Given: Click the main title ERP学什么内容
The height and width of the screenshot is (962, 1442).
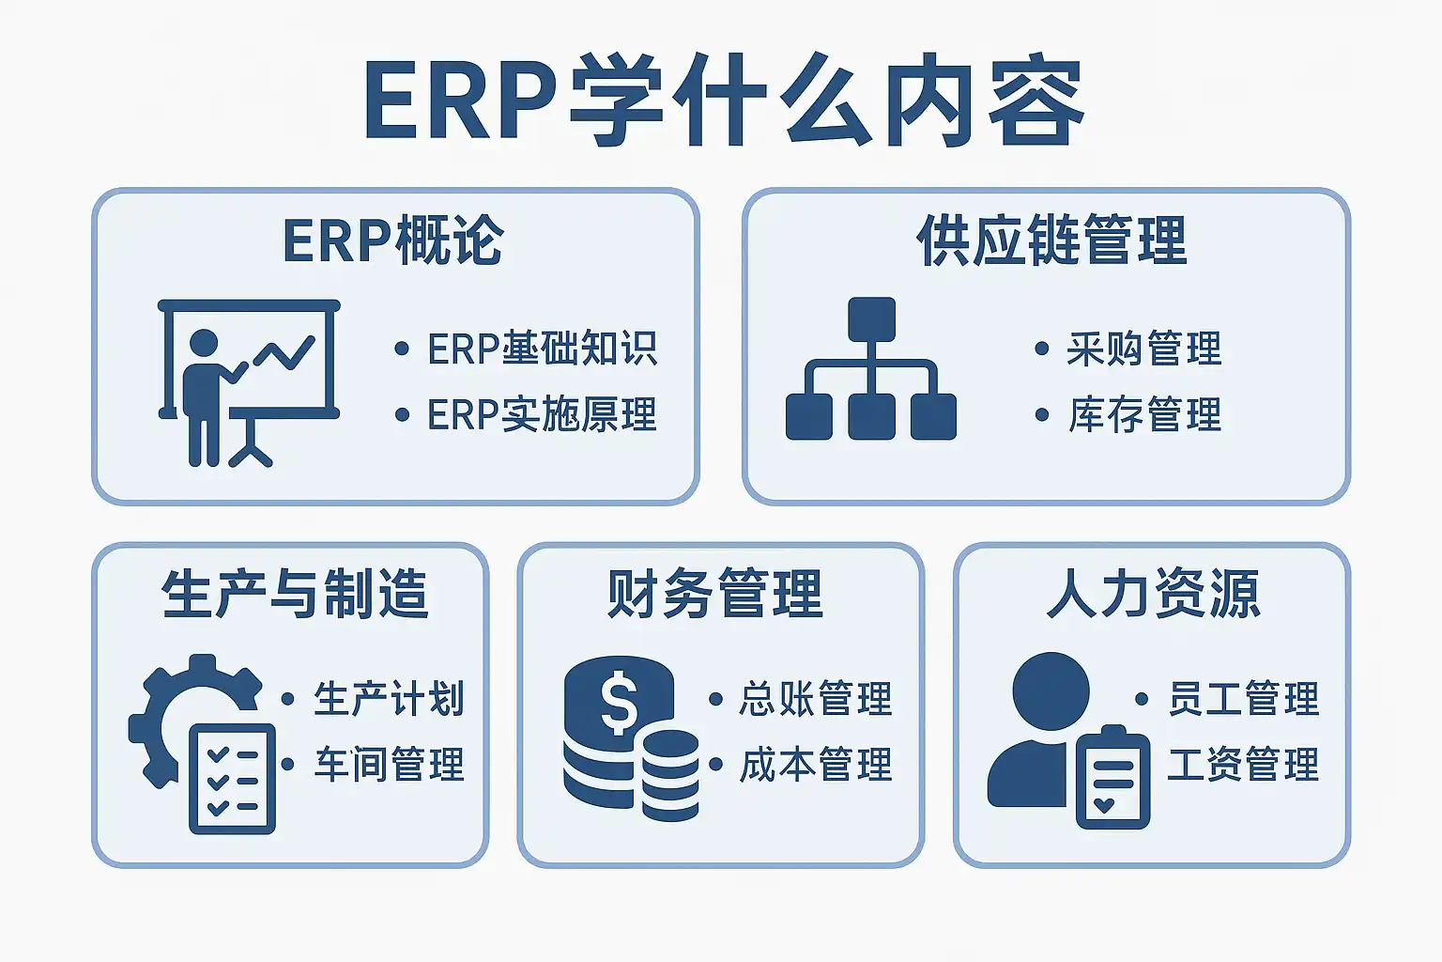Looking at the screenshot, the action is [724, 100].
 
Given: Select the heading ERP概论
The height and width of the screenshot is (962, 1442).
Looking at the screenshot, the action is [393, 240].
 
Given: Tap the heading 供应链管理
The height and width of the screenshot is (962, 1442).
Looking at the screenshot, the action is [1051, 240].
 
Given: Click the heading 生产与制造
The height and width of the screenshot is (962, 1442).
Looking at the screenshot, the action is [295, 594].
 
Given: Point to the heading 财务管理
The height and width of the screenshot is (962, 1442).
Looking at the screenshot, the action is [714, 594].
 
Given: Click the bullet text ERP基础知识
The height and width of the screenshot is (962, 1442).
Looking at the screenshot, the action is [542, 349].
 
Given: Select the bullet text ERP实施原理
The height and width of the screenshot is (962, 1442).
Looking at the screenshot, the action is [542, 413].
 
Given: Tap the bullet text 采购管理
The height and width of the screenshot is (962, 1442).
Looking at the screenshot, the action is [1144, 349].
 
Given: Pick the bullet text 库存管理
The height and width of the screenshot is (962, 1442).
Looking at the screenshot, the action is [1144, 413].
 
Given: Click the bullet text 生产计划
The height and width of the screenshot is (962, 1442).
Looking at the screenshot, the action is [389, 698].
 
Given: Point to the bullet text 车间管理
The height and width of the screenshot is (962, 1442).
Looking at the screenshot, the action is [389, 764].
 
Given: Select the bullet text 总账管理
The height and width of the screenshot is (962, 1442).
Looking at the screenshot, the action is [816, 698].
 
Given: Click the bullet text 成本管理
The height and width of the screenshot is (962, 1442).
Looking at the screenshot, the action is [816, 764].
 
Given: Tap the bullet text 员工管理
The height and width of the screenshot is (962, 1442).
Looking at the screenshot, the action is [1244, 698].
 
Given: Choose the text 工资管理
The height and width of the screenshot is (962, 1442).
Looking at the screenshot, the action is [1244, 764].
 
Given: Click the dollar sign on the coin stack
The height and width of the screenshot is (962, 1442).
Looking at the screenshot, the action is [619, 703].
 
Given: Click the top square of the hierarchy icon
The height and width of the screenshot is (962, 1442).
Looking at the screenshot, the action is [871, 319].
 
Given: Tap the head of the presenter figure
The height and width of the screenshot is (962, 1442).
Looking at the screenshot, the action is [204, 343].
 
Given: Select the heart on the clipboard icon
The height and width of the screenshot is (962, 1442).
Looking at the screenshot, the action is [1103, 805].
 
